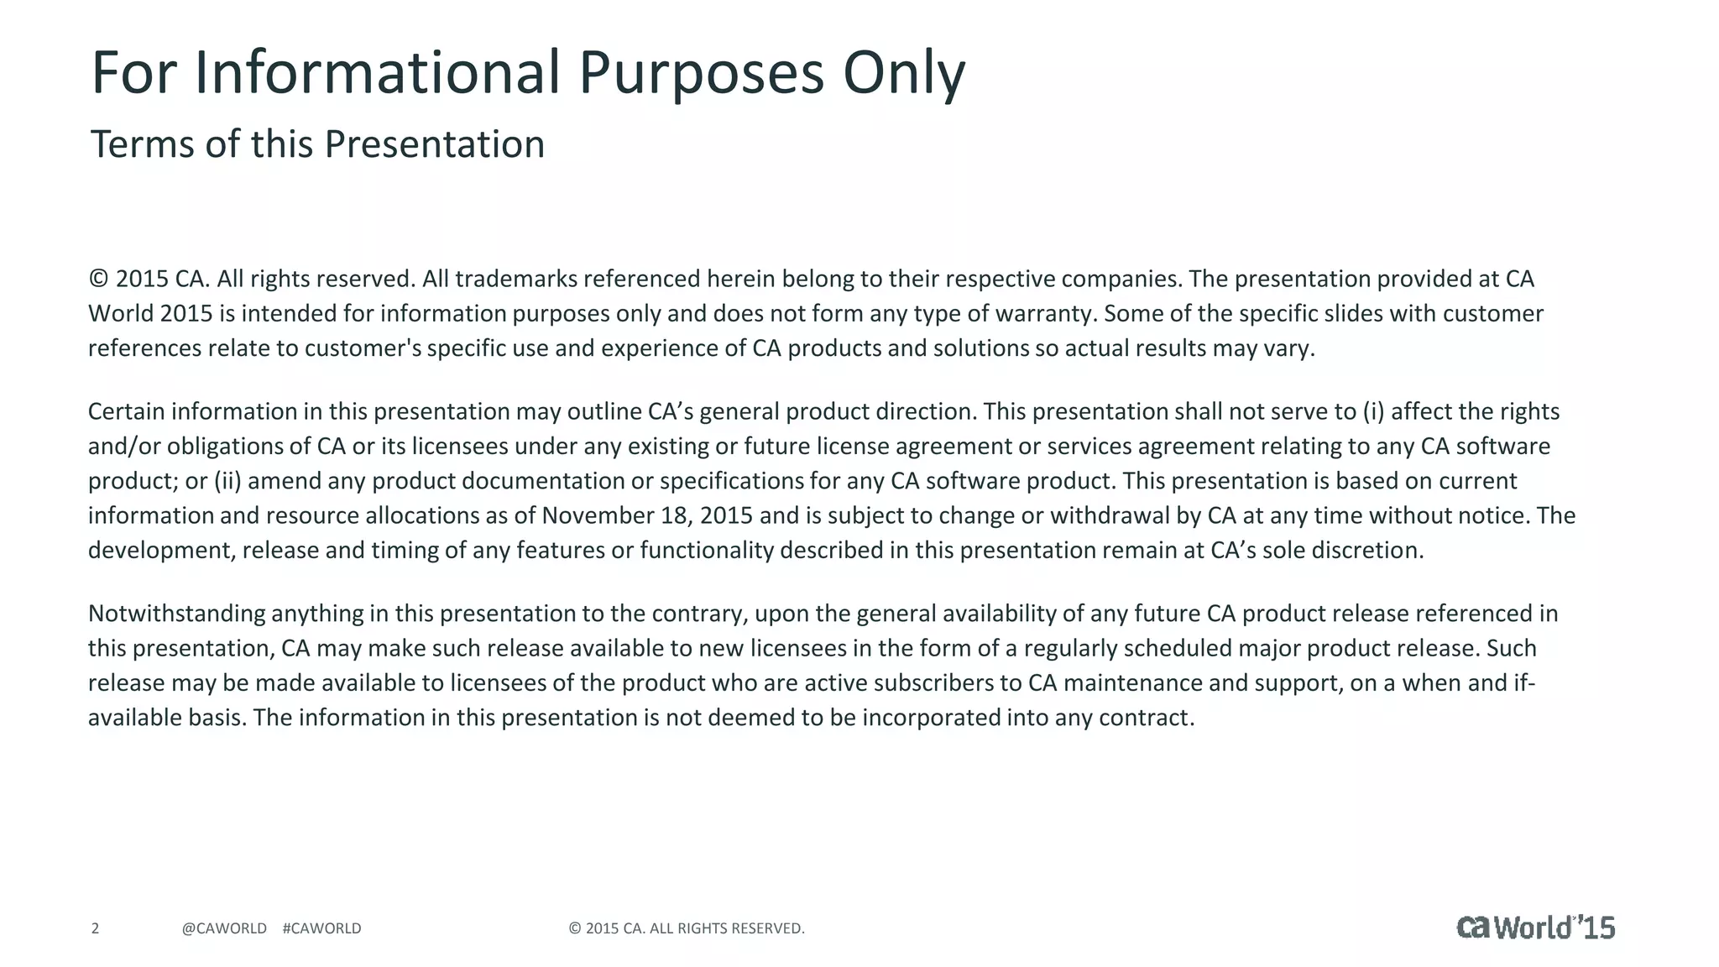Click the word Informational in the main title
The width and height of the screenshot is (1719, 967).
pos(377,73)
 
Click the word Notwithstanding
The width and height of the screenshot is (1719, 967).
pos(176,614)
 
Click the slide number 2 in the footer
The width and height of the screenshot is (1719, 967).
pos(95,928)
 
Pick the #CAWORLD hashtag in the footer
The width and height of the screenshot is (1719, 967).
pos(322,928)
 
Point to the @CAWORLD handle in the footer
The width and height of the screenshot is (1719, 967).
pos(224,928)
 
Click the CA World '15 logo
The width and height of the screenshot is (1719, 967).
pos(1535,927)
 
